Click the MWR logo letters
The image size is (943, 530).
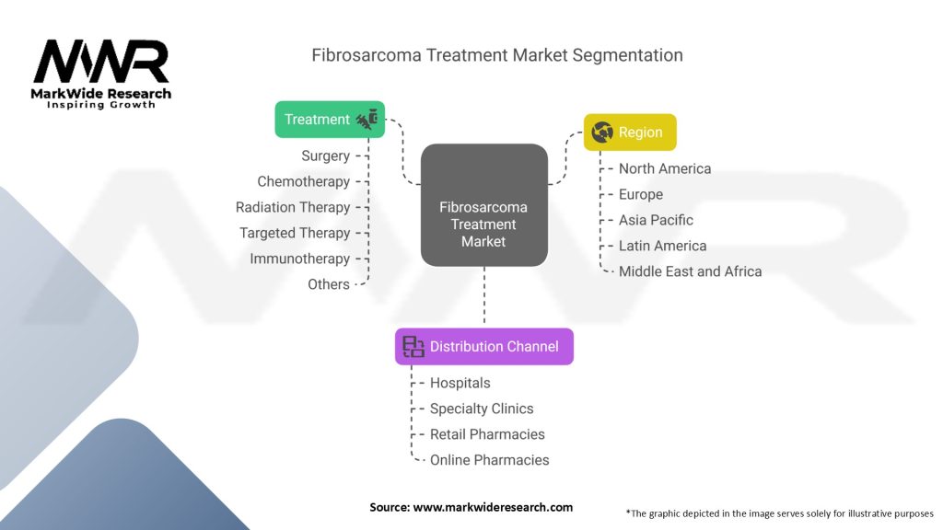pyautogui.click(x=101, y=62)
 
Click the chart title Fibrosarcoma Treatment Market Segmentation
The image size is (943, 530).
pyautogui.click(x=497, y=55)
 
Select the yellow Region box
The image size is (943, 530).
pyautogui.click(x=630, y=132)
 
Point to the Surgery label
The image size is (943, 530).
pyautogui.click(x=325, y=156)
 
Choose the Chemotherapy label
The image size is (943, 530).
pyautogui.click(x=303, y=182)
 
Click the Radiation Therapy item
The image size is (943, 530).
pyautogui.click(x=293, y=208)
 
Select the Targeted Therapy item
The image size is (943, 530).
pyautogui.click(x=295, y=234)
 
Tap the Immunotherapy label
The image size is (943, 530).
pyautogui.click(x=299, y=259)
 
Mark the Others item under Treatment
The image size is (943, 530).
pyautogui.click(x=329, y=285)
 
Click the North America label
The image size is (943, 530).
pyautogui.click(x=665, y=169)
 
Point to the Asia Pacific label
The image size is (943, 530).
pyautogui.click(x=656, y=221)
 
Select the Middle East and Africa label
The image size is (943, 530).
pyautogui.click(x=690, y=272)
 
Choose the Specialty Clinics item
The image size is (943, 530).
pyautogui.click(x=482, y=409)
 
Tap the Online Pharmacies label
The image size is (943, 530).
pyautogui.click(x=489, y=460)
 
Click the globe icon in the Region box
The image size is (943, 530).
pyautogui.click(x=603, y=132)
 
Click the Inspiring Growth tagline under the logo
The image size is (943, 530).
pyautogui.click(x=101, y=105)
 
